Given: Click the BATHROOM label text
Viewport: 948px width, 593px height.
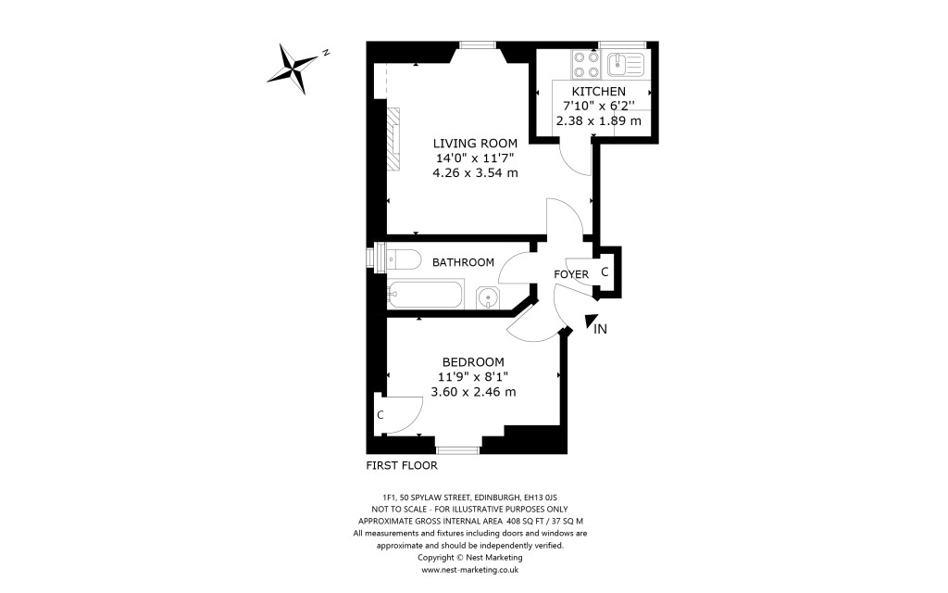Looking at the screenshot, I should point(463,262).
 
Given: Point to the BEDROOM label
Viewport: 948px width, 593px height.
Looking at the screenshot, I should point(472,361).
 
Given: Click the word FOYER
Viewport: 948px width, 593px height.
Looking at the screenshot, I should point(571,275).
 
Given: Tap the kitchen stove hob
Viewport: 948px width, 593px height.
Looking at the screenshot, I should point(585,63).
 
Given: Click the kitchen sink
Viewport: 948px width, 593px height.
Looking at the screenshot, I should point(626,63).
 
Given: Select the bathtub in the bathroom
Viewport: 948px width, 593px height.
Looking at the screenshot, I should point(423,296).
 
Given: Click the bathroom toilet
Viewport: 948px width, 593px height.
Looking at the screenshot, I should point(395,257).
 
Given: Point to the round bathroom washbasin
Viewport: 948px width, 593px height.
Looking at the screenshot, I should point(488,297).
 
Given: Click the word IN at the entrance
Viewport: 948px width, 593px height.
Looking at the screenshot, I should point(600,329).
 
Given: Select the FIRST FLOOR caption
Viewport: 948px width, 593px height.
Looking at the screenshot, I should point(402,465).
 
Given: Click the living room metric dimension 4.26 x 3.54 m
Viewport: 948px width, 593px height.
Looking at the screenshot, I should point(475,172).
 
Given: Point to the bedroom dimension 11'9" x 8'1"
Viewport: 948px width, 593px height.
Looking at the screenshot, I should point(473,376).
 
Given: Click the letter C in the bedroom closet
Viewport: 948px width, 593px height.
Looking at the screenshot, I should point(380,414).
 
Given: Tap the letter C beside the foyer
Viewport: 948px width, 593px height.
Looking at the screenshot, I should point(605,272).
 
